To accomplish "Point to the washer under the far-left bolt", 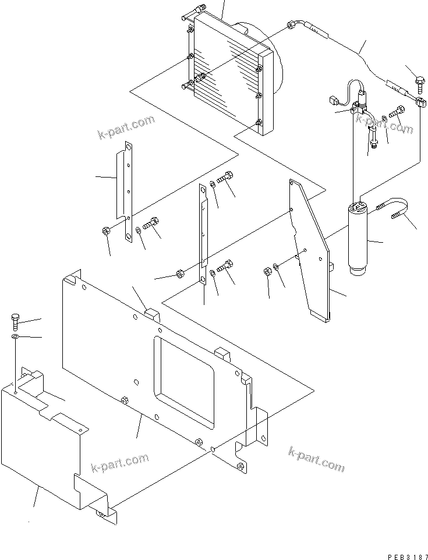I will click(x=15, y=337).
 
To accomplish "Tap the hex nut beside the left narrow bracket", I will click(x=107, y=232).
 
